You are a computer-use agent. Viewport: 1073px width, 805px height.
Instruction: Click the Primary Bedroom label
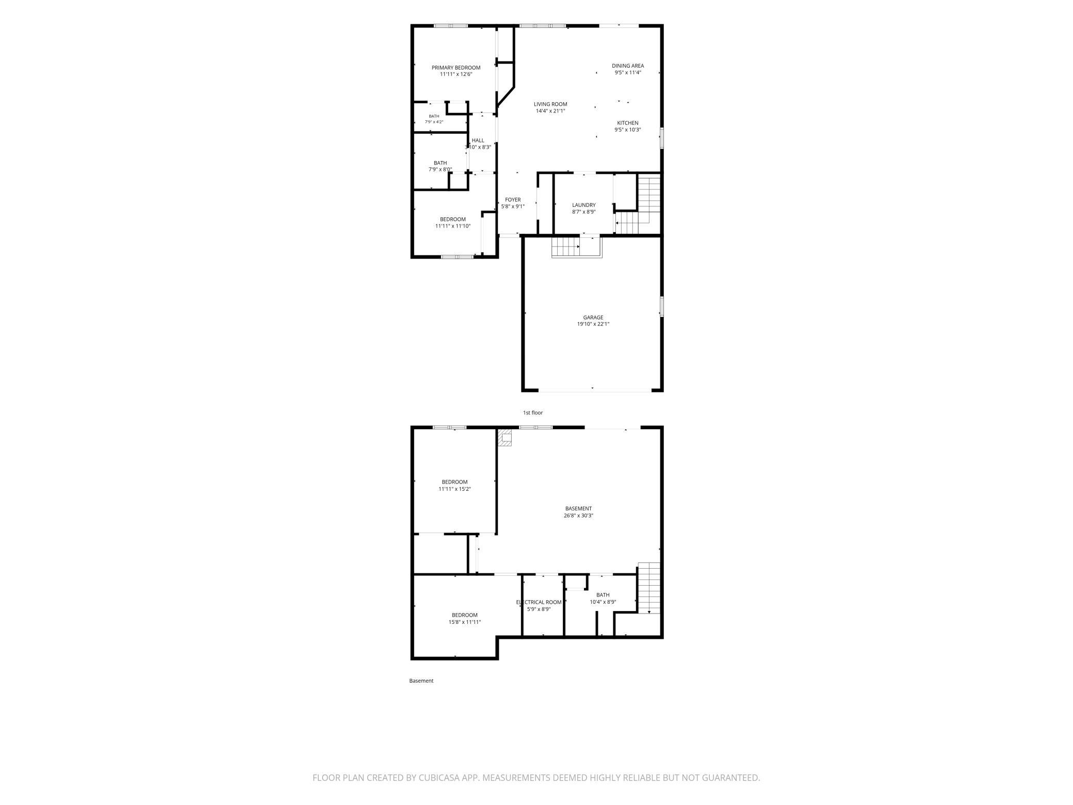[x=456, y=68]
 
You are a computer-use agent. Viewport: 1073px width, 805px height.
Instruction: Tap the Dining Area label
[x=628, y=66]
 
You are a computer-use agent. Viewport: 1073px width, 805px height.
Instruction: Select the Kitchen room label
[x=628, y=123]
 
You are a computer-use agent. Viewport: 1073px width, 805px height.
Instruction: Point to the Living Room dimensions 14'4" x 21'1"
[x=550, y=111]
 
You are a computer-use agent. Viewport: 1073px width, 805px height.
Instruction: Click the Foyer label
[x=513, y=200]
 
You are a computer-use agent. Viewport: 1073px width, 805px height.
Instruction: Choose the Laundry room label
[x=584, y=205]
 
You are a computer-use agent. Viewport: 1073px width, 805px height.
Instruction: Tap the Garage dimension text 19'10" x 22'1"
[x=593, y=324]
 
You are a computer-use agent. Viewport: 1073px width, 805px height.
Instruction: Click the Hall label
[x=478, y=140]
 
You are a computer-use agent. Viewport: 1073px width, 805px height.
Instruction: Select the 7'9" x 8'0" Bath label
[x=440, y=166]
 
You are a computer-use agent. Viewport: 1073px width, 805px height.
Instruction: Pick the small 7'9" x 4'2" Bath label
[x=434, y=119]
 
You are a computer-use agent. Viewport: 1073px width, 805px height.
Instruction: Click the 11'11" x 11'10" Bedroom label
[x=453, y=222]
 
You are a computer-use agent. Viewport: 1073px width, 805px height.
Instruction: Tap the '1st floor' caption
[x=533, y=413]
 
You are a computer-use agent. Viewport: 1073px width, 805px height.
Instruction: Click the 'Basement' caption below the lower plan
[x=421, y=681]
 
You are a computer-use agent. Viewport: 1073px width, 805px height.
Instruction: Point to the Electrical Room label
[x=539, y=602]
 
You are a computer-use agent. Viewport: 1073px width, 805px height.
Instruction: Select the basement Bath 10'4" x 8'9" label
[x=603, y=599]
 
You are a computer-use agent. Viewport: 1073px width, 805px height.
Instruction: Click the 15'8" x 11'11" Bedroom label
[x=465, y=619]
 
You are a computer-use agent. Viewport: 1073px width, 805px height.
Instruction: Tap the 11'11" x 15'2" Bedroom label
[x=455, y=486]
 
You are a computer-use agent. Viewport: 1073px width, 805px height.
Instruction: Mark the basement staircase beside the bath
[x=649, y=588]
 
